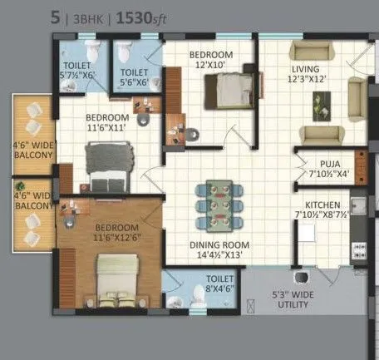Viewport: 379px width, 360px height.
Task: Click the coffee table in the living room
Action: click(320, 106)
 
